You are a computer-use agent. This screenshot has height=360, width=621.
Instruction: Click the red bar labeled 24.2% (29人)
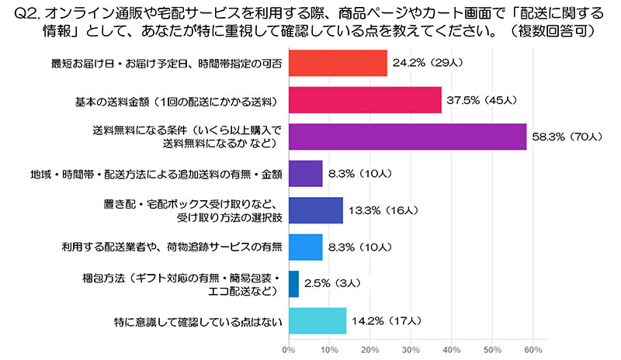[338, 63]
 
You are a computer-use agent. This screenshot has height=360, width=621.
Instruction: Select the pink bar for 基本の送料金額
[365, 100]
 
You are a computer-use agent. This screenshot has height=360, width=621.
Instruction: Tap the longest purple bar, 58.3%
[408, 137]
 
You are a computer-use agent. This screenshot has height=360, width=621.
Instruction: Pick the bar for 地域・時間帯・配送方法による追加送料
[306, 173]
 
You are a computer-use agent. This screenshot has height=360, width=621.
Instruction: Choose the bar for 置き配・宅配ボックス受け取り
[316, 209]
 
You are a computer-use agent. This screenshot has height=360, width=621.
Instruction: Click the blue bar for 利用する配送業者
[306, 247]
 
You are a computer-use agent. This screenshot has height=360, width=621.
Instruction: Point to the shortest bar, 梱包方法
[294, 283]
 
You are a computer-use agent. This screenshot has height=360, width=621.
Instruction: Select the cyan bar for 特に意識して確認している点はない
[317, 320]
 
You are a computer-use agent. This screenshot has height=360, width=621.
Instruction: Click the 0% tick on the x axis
[289, 351]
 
